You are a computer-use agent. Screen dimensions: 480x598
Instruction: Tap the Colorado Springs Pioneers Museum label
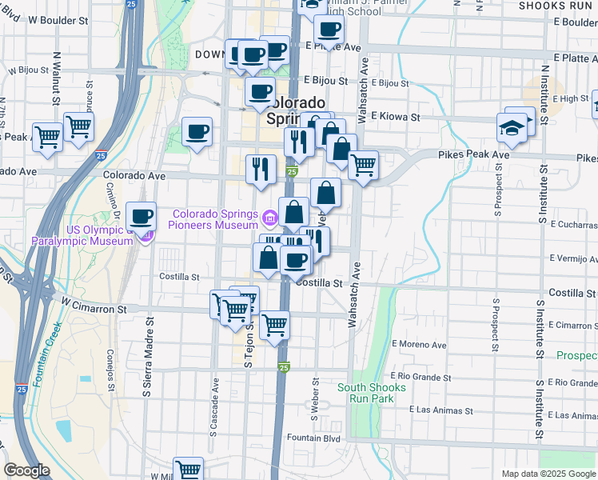pos(216,219)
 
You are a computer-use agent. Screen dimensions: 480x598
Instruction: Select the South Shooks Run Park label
pos(371,393)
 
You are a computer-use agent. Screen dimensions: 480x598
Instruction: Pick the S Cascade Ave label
pos(214,408)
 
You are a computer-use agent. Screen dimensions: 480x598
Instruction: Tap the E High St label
pos(569,98)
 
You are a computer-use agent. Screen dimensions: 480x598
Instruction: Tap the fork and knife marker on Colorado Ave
pos(261,168)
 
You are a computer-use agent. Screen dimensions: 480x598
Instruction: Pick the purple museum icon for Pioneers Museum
pos(269,216)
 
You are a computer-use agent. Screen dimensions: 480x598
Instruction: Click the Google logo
pos(26,470)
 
